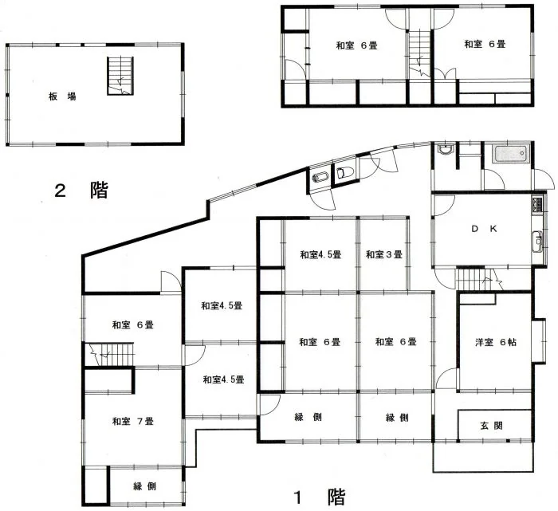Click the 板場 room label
coord(62,96)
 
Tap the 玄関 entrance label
coord(492,425)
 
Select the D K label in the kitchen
coord(484,229)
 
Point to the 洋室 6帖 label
coord(496,342)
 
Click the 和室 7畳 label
coord(133,422)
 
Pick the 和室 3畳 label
coord(384,254)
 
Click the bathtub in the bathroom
coord(511,153)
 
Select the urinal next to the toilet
coord(320,177)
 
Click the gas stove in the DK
coord(537,205)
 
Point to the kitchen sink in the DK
coord(537,242)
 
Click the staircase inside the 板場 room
coord(120,76)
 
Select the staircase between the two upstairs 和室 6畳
coord(419,53)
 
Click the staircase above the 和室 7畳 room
coord(110,354)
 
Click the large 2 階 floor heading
coord(81,191)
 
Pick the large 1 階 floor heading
coord(319,497)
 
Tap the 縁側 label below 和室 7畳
coord(144,486)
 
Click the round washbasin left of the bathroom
coord(445,149)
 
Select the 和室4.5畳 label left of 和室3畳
coord(320,254)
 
